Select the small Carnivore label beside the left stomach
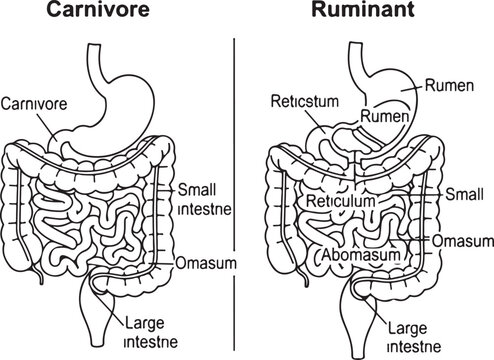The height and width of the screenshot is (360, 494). [35, 103]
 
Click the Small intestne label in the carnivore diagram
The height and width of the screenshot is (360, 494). [204, 198]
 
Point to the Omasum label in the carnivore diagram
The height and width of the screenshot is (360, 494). [204, 263]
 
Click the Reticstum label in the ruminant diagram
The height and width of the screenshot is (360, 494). [306, 102]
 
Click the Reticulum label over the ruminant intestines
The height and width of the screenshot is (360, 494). [341, 200]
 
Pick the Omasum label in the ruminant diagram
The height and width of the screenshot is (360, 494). [464, 242]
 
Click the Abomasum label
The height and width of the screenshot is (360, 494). [362, 255]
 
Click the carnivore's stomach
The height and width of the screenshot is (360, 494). [124, 100]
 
